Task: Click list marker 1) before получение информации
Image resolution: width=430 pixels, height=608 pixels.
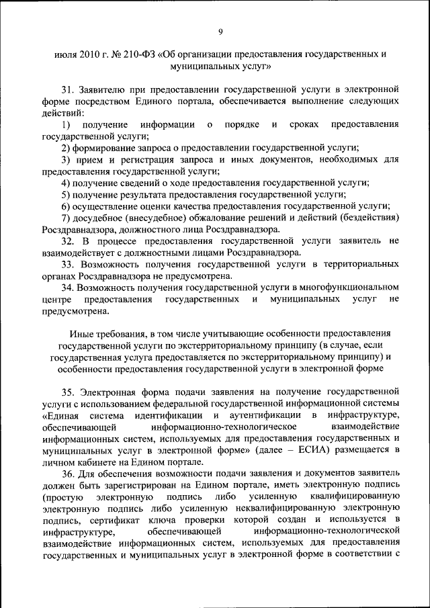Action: point(66,124)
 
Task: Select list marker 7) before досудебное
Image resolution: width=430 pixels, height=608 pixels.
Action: point(66,217)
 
